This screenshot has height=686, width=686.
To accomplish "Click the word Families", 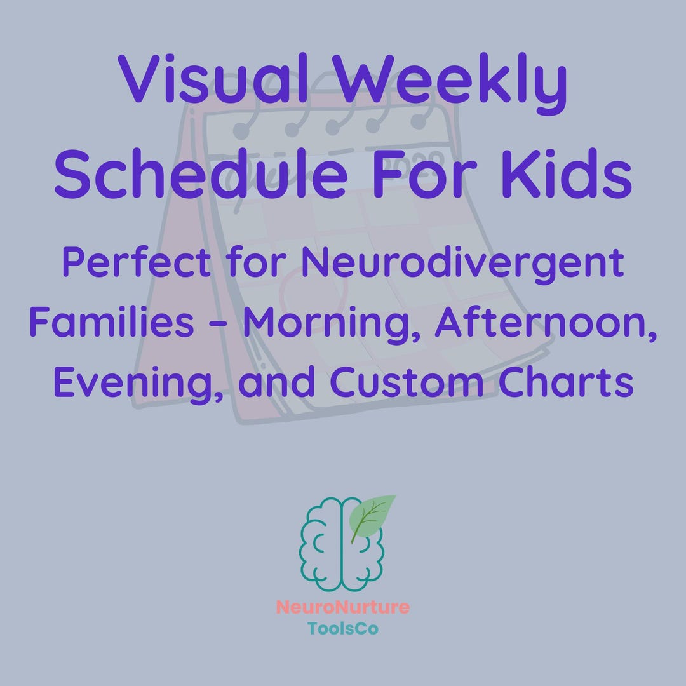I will (112, 322).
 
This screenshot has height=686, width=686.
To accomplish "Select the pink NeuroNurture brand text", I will (343, 607).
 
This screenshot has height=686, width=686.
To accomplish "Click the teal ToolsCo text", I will (343, 629).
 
